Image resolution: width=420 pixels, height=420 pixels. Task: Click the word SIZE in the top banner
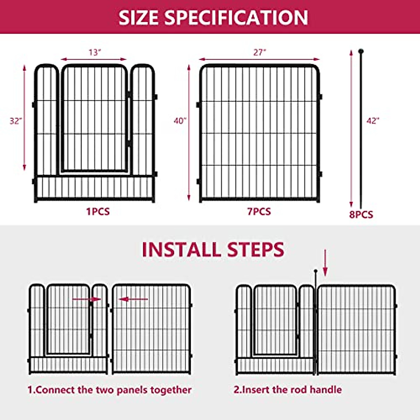coord(139,17)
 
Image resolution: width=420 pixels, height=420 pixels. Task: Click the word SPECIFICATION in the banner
coord(236,17)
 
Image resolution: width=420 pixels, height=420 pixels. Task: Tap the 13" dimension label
coord(94,52)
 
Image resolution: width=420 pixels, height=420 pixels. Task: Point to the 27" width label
coord(260,52)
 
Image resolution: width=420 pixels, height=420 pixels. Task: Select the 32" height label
coord(16,121)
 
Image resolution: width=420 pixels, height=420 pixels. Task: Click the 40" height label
coord(180,121)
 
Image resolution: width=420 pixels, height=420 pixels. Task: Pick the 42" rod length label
coord(373,121)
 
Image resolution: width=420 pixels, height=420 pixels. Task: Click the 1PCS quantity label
coord(98,212)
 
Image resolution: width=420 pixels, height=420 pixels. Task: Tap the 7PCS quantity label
coord(259,212)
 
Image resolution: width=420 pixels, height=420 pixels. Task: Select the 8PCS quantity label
coord(361,215)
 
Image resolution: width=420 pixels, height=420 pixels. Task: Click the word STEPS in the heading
coord(255,250)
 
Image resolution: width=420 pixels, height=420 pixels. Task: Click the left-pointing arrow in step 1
coord(134,299)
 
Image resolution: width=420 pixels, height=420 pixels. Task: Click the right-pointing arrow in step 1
coord(86,299)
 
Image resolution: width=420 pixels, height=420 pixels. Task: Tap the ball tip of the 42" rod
coord(361,51)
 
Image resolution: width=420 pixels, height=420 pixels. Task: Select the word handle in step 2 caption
coord(325,390)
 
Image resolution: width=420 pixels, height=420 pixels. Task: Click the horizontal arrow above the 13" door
coord(94,59)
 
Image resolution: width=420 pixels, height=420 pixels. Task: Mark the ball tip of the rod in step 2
coord(316,271)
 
